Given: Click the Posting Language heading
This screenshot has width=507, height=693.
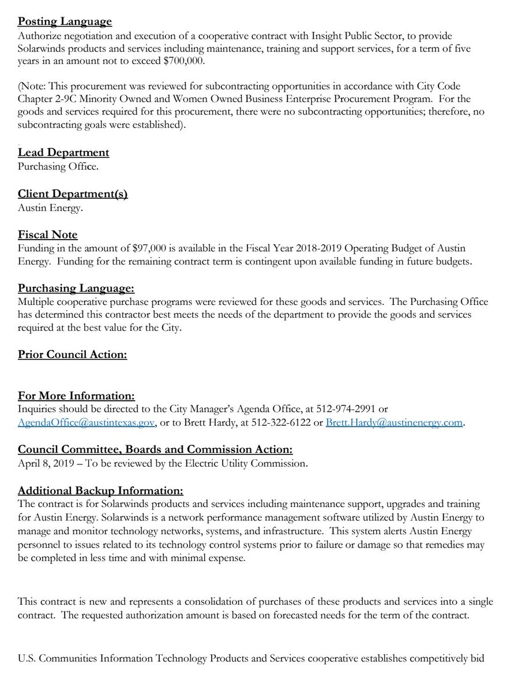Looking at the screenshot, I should (65, 22).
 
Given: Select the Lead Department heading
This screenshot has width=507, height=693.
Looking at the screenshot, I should (63, 152).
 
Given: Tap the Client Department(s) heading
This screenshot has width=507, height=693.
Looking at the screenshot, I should (73, 193).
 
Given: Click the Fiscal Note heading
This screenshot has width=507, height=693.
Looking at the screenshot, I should (47, 234).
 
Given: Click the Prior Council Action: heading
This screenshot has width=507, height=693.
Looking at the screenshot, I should (72, 354).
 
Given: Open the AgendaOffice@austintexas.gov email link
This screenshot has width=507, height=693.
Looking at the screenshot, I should (87, 422).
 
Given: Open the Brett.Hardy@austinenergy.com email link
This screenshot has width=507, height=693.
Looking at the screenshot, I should (395, 422).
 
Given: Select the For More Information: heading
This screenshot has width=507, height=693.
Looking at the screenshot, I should (76, 396).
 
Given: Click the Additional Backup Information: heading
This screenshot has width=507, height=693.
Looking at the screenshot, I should (100, 490).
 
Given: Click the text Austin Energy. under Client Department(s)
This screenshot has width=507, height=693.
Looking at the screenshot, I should (50, 207).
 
